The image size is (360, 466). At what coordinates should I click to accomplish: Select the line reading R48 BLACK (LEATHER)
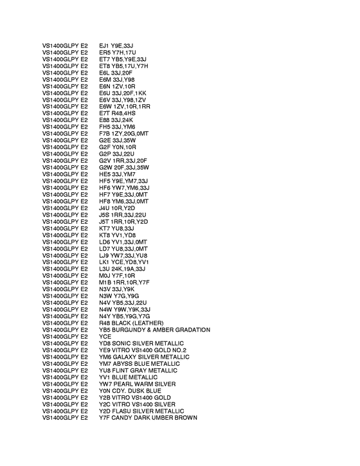pyautogui.click(x=131, y=323)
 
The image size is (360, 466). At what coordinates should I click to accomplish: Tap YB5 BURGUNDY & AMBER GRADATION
pyautogui.click(x=154, y=330)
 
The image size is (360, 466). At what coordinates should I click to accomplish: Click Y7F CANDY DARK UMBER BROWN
pyautogui.click(x=148, y=418)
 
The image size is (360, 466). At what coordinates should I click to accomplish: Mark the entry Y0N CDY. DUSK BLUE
pyautogui.click(x=130, y=391)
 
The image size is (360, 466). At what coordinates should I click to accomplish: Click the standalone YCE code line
pyautogui.click(x=105, y=337)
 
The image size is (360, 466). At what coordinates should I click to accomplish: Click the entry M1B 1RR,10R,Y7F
pyautogui.click(x=124, y=282)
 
